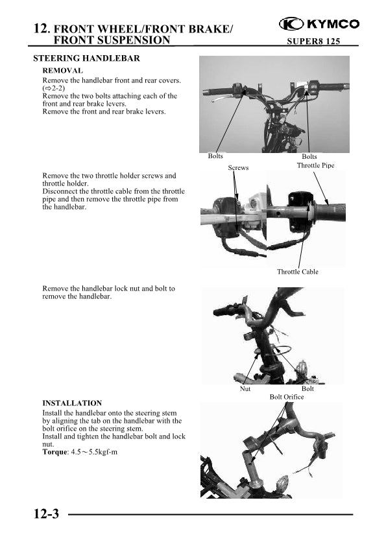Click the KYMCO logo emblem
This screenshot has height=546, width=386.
pyautogui.click(x=291, y=24)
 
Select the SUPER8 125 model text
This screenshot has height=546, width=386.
pyautogui.click(x=313, y=41)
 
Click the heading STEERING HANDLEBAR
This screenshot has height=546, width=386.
pyautogui.click(x=86, y=58)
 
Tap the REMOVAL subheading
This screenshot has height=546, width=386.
pyautogui.click(x=63, y=71)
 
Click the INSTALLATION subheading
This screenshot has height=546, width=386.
pyautogui.click(x=72, y=403)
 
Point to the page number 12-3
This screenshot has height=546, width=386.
pyautogui.click(x=46, y=514)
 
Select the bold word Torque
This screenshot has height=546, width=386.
pyautogui.click(x=54, y=452)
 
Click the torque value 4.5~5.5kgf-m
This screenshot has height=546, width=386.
pyautogui.click(x=94, y=452)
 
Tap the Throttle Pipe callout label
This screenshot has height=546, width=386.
pyautogui.click(x=315, y=165)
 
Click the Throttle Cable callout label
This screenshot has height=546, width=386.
pyautogui.click(x=298, y=272)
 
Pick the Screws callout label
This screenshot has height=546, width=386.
pyautogui.click(x=238, y=167)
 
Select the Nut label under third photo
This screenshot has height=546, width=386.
pyautogui.click(x=245, y=388)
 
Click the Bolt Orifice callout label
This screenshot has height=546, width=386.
pyautogui.click(x=286, y=397)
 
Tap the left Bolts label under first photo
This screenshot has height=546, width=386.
pyautogui.click(x=215, y=156)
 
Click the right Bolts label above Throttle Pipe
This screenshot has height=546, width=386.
pyautogui.click(x=309, y=156)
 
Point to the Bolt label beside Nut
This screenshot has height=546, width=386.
pyautogui.click(x=308, y=388)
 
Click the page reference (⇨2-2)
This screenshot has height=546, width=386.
pyautogui.click(x=54, y=88)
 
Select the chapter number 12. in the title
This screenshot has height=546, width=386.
pyautogui.click(x=42, y=28)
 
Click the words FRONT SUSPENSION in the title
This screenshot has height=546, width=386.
pyautogui.click(x=112, y=40)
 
